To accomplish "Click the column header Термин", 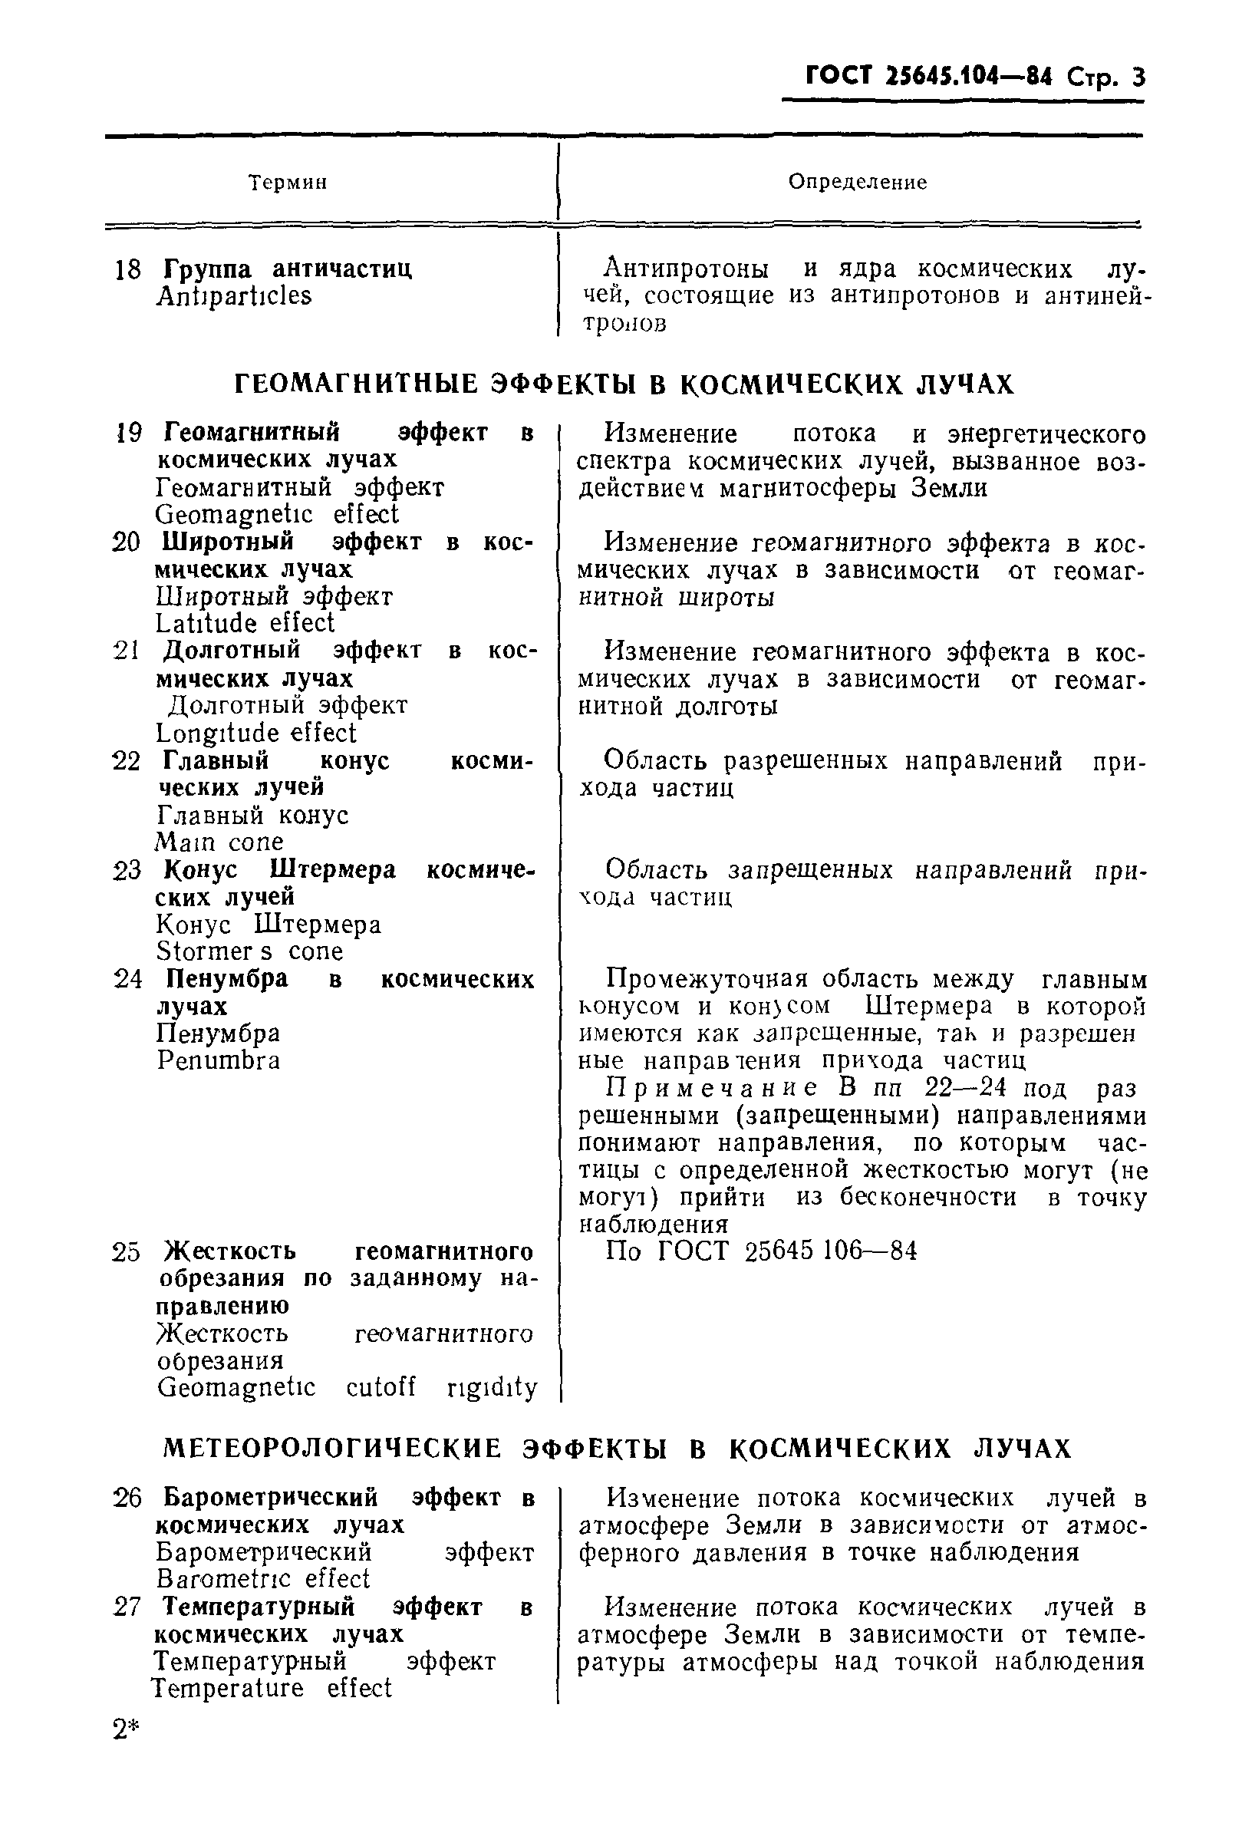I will point(288,183).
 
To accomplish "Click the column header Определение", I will point(857,182).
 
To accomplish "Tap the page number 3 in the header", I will point(1136,78).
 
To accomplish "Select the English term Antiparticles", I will point(234,297).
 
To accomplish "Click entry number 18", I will point(127,271).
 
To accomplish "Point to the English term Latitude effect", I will point(245,624).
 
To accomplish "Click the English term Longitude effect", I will point(256,734).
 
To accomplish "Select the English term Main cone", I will point(219,842).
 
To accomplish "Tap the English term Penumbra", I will point(219,1061).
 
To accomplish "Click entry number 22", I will point(126,762).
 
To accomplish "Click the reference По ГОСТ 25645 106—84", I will point(761,1251).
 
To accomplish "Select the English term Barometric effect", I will point(262,1579).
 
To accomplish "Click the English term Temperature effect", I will point(272,1689).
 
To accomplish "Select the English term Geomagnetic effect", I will point(277,515).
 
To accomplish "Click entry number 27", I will point(126,1607).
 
